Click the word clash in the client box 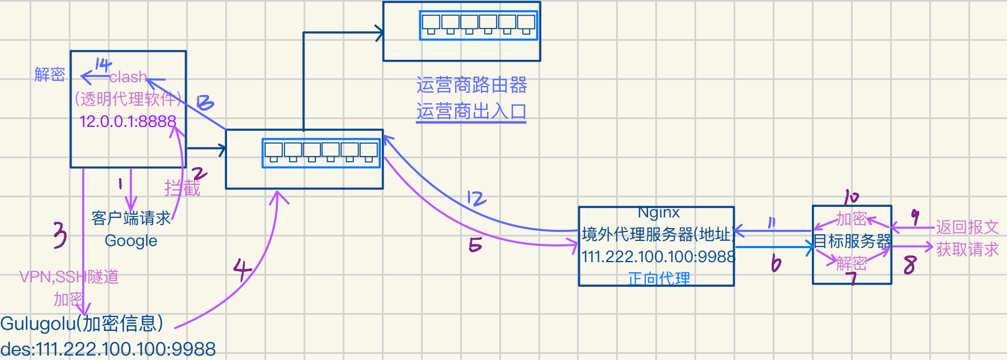[128, 77]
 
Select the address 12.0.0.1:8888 [127, 121]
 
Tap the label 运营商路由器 [471, 86]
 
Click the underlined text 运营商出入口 [471, 111]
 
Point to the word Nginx [659, 213]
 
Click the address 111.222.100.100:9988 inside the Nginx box [658, 257]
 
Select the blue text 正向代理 [659, 278]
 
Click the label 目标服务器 [852, 241]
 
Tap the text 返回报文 [967, 227]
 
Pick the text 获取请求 [967, 249]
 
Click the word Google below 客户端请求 [131, 241]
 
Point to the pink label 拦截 [182, 188]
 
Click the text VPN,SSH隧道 [69, 277]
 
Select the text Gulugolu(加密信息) [82, 323]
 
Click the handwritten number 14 [103, 65]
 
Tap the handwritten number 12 [476, 198]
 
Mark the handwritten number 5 [475, 244]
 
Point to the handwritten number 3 [60, 235]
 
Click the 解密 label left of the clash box [50, 74]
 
